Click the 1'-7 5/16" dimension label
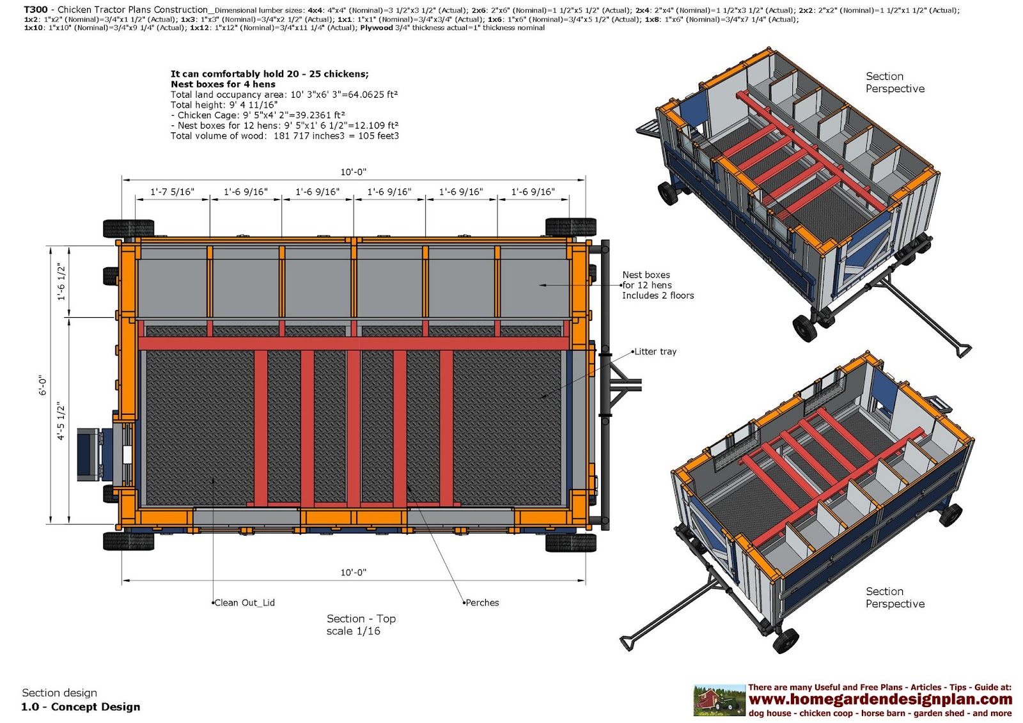172,192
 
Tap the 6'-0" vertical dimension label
42,385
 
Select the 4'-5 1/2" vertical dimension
61,421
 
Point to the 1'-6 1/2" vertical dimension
61,281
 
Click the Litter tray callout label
655,352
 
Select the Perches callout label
482,602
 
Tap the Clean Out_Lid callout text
244,602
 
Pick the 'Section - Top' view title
361,618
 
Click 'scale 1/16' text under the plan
353,631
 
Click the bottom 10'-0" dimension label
353,572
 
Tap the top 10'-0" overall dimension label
353,172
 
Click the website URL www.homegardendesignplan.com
880,699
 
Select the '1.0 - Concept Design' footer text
81,706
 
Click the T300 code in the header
35,10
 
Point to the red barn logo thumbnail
719,701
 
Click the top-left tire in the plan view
129,228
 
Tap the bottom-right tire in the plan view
570,541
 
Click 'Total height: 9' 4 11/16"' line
224,105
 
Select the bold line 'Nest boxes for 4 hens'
223,84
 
